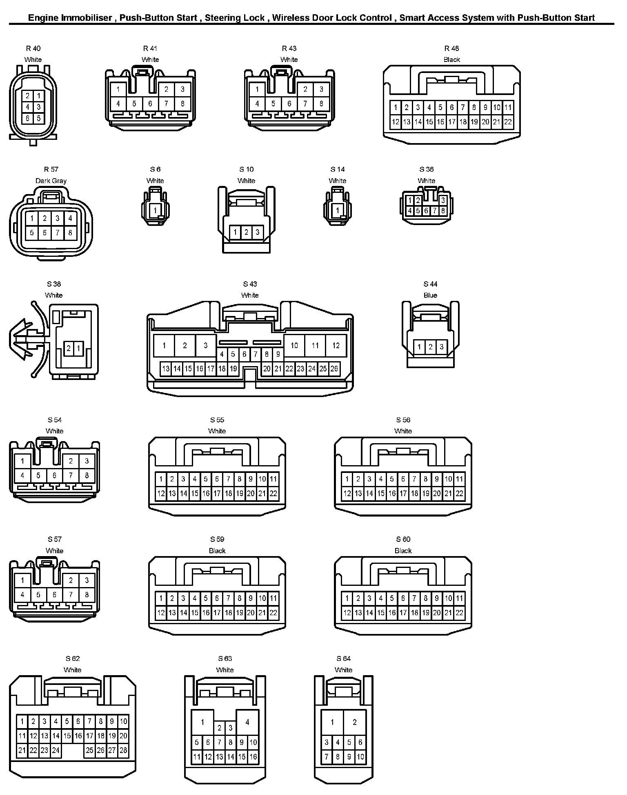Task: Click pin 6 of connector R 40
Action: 27,118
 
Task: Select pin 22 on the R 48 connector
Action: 508,121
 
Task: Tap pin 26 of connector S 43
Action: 334,369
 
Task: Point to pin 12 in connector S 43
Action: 336,346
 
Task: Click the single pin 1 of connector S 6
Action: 155,211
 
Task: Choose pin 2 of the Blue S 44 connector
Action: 431,347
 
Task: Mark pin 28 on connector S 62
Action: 123,750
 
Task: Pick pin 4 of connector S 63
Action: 247,722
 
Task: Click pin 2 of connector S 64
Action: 354,722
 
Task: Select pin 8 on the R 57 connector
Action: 70,233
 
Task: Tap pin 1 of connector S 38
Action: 78,348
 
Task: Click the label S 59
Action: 217,539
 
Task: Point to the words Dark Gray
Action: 51,181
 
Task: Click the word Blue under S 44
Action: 430,295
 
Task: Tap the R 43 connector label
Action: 289,49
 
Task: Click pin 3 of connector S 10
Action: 258,233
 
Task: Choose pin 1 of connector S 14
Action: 338,211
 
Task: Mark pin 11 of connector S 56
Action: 460,479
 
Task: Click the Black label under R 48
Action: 452,60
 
